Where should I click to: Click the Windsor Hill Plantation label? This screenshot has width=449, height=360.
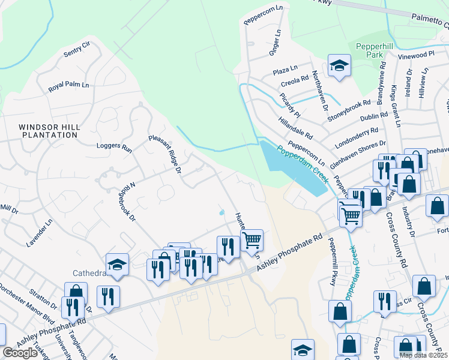click(x=48, y=131)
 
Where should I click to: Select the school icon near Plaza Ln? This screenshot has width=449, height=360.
click(x=339, y=66)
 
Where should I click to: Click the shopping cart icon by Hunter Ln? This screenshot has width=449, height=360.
click(x=252, y=240)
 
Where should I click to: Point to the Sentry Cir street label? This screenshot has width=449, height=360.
click(x=76, y=49)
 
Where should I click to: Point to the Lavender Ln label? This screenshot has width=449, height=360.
click(x=40, y=232)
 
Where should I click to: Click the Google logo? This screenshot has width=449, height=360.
click(x=20, y=353)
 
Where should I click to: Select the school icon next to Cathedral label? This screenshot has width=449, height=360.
click(x=117, y=264)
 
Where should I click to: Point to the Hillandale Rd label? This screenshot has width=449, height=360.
click(x=295, y=127)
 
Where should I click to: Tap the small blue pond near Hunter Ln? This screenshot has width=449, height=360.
click(x=222, y=212)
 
